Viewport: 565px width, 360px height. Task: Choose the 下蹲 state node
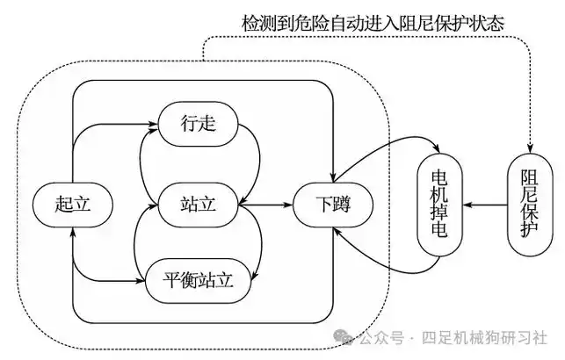coord(331,204)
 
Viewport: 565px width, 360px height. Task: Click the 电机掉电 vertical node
coord(440,204)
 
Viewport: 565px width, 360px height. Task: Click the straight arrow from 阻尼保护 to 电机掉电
coord(484,204)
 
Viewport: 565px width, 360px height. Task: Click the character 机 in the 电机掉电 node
coord(440,192)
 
